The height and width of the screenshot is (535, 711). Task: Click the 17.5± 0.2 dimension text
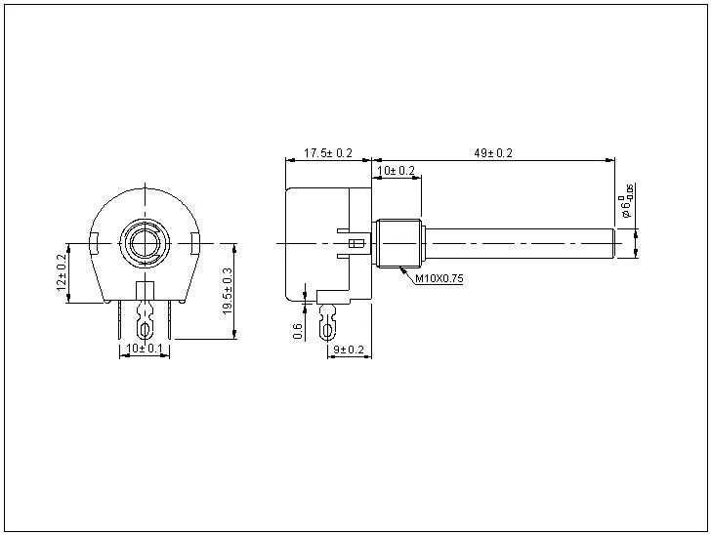tap(327, 153)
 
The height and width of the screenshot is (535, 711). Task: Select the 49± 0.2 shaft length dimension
tap(493, 153)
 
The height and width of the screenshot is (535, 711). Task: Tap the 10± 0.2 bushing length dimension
tap(396, 171)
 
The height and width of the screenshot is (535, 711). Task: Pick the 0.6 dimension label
tap(298, 332)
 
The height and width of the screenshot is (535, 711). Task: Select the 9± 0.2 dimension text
tap(349, 350)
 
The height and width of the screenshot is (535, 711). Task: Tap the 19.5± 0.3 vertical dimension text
tap(228, 290)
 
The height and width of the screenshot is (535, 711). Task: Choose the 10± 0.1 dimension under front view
tap(145, 349)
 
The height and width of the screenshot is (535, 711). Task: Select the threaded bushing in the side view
tap(398, 242)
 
